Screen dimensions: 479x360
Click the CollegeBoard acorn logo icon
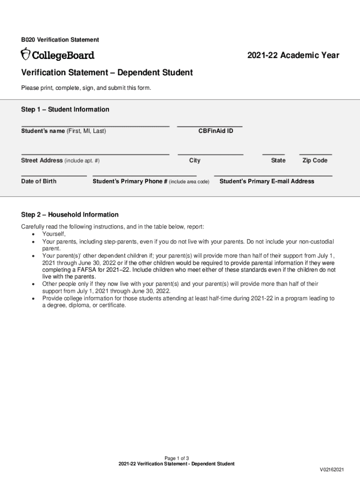point(25,54)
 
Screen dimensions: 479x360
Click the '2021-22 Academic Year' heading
point(293,56)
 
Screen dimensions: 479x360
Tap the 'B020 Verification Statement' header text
point(60,40)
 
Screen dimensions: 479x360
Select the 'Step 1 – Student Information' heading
point(65,109)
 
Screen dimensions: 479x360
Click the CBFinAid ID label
point(216,131)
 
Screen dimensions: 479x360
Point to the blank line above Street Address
point(95,154)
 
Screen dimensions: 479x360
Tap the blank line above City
point(210,154)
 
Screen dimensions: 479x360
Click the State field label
point(278,160)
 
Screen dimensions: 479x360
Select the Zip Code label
point(315,160)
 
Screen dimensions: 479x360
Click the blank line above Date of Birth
point(54,176)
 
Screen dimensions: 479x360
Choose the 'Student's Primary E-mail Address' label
point(267,181)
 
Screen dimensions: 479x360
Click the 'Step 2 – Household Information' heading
point(70,215)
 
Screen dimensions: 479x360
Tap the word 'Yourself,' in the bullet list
point(54,234)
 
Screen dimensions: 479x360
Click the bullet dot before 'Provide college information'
point(33,298)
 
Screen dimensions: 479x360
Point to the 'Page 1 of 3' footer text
point(176,458)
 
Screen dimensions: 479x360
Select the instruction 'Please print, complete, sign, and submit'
point(86,88)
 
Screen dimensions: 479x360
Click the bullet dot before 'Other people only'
point(33,284)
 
